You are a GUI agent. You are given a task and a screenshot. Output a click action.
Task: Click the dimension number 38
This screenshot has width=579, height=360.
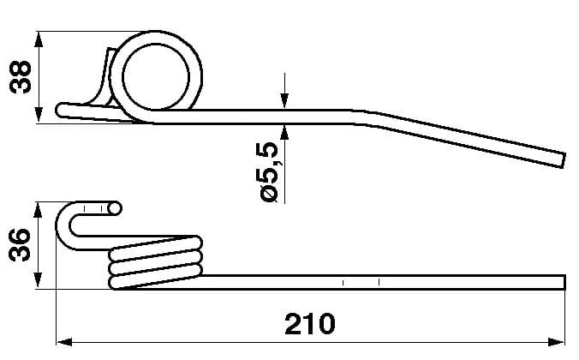pyautogui.click(x=21, y=76)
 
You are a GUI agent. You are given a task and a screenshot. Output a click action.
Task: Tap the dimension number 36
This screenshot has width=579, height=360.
pyautogui.click(x=20, y=245)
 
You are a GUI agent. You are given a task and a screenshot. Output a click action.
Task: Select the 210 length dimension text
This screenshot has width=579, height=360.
pyautogui.click(x=310, y=324)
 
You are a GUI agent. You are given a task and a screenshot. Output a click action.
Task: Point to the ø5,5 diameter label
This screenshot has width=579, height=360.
pyautogui.click(x=266, y=172)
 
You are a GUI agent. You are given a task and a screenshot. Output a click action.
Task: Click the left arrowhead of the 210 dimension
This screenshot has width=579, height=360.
pyautogui.click(x=64, y=342)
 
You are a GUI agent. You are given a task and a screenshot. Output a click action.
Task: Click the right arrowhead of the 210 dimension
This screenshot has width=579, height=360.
pyautogui.click(x=557, y=342)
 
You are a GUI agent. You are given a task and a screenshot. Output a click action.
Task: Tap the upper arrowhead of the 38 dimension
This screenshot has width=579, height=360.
pyautogui.click(x=39, y=39)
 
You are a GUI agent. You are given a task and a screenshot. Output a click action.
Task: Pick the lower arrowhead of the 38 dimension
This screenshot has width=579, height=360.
pyautogui.click(x=39, y=115)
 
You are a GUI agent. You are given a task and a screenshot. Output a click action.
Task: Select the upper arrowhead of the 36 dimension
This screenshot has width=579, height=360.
pyautogui.click(x=38, y=210)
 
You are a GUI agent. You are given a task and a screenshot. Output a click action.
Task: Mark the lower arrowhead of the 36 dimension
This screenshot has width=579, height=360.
pyautogui.click(x=38, y=280)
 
